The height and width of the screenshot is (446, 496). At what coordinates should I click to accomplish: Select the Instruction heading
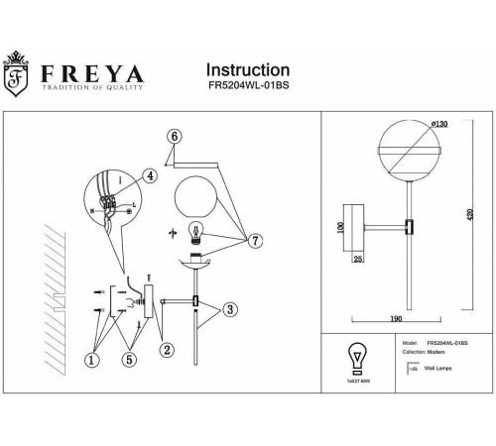tap(247, 70)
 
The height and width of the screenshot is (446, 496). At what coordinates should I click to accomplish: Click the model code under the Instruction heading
tap(247, 87)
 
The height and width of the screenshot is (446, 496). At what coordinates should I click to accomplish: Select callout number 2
tap(168, 348)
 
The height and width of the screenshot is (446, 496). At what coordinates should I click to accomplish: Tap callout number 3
tap(230, 310)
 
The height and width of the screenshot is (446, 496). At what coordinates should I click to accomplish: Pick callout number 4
tap(150, 175)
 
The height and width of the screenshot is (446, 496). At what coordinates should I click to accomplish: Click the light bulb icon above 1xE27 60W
tap(353, 358)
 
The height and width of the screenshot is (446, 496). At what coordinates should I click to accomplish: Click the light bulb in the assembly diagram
tap(196, 234)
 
